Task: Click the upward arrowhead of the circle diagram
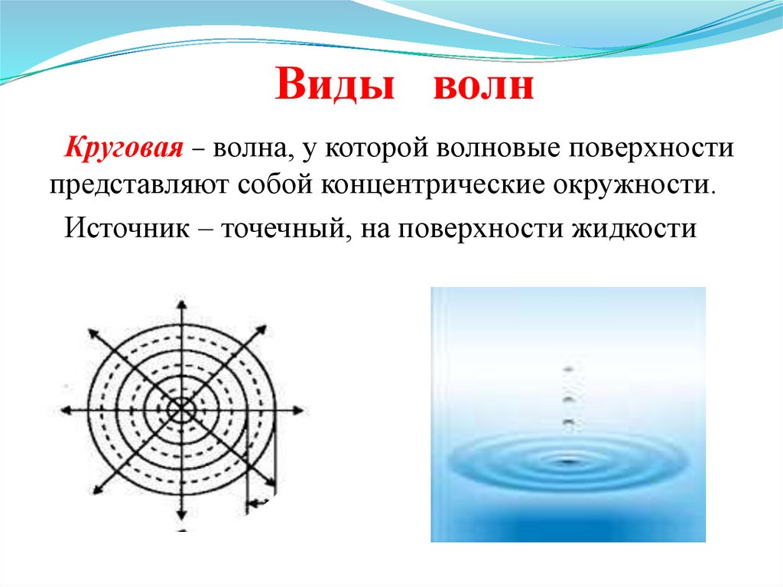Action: pos(182,300)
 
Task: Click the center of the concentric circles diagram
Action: pos(182,410)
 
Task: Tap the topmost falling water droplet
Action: pos(568,370)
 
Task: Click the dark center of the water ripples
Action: pos(567,461)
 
